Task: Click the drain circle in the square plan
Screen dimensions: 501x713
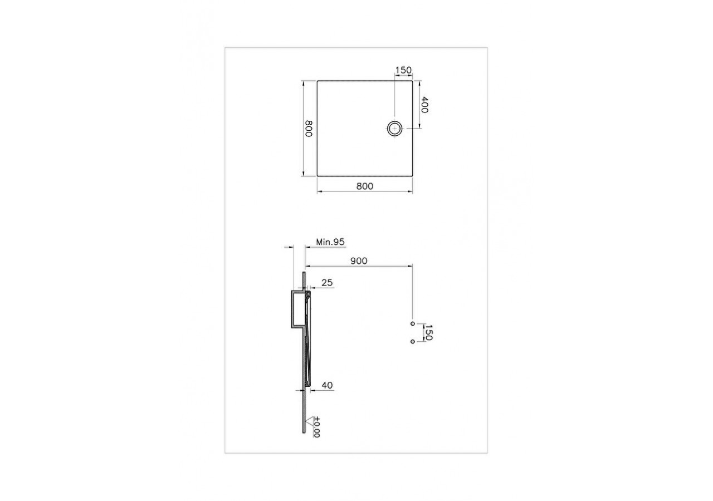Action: click(x=394, y=129)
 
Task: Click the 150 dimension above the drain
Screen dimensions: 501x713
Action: click(x=403, y=70)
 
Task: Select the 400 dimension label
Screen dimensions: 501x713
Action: click(x=424, y=105)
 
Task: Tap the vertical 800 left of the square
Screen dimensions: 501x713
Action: click(x=309, y=129)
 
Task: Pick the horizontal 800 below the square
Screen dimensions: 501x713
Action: click(x=364, y=186)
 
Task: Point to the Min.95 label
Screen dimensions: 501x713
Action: click(x=331, y=242)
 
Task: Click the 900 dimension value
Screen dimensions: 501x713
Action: click(x=358, y=261)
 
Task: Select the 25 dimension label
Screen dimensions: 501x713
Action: click(x=327, y=283)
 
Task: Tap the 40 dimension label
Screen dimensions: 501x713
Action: click(x=327, y=385)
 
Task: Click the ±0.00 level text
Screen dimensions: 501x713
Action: click(x=316, y=427)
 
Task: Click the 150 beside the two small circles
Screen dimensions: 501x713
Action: click(x=429, y=332)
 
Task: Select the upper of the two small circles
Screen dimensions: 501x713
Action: click(x=412, y=323)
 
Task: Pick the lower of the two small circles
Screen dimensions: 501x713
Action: click(x=412, y=341)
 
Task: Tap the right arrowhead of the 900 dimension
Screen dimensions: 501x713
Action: click(x=410, y=266)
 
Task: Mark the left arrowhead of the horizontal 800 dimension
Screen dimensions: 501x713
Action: click(x=319, y=192)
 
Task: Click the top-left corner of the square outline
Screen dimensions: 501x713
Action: click(x=318, y=81)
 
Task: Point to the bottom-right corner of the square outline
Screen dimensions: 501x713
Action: click(x=412, y=176)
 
